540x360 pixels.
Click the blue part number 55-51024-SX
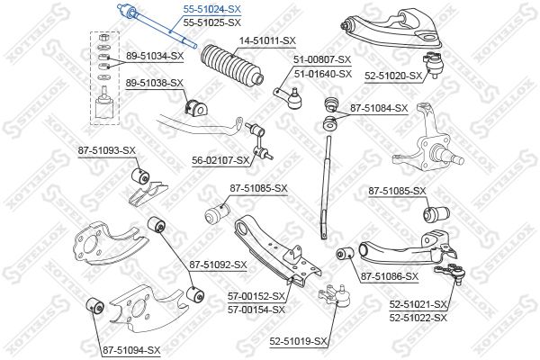click(212, 9)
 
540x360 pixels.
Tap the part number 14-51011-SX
click(267, 41)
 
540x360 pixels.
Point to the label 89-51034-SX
click(154, 56)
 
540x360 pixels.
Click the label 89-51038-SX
click(154, 83)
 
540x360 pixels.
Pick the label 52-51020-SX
click(393, 76)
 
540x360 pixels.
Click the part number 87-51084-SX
click(379, 108)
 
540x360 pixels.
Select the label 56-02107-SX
click(220, 160)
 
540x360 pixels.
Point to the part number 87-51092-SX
click(219, 265)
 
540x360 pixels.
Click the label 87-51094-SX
click(130, 349)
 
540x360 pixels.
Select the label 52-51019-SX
click(299, 341)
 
